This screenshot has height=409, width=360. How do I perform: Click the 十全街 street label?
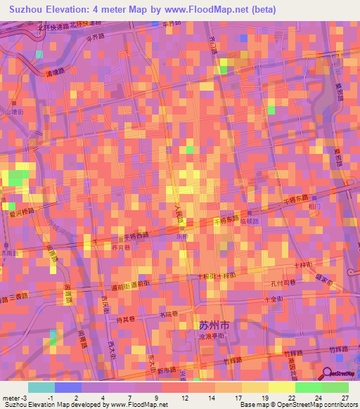274,299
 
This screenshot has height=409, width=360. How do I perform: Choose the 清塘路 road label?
55,72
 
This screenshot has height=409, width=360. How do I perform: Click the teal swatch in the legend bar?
41,387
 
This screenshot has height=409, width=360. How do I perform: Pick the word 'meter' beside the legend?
11,398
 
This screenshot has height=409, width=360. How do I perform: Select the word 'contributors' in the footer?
339,405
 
